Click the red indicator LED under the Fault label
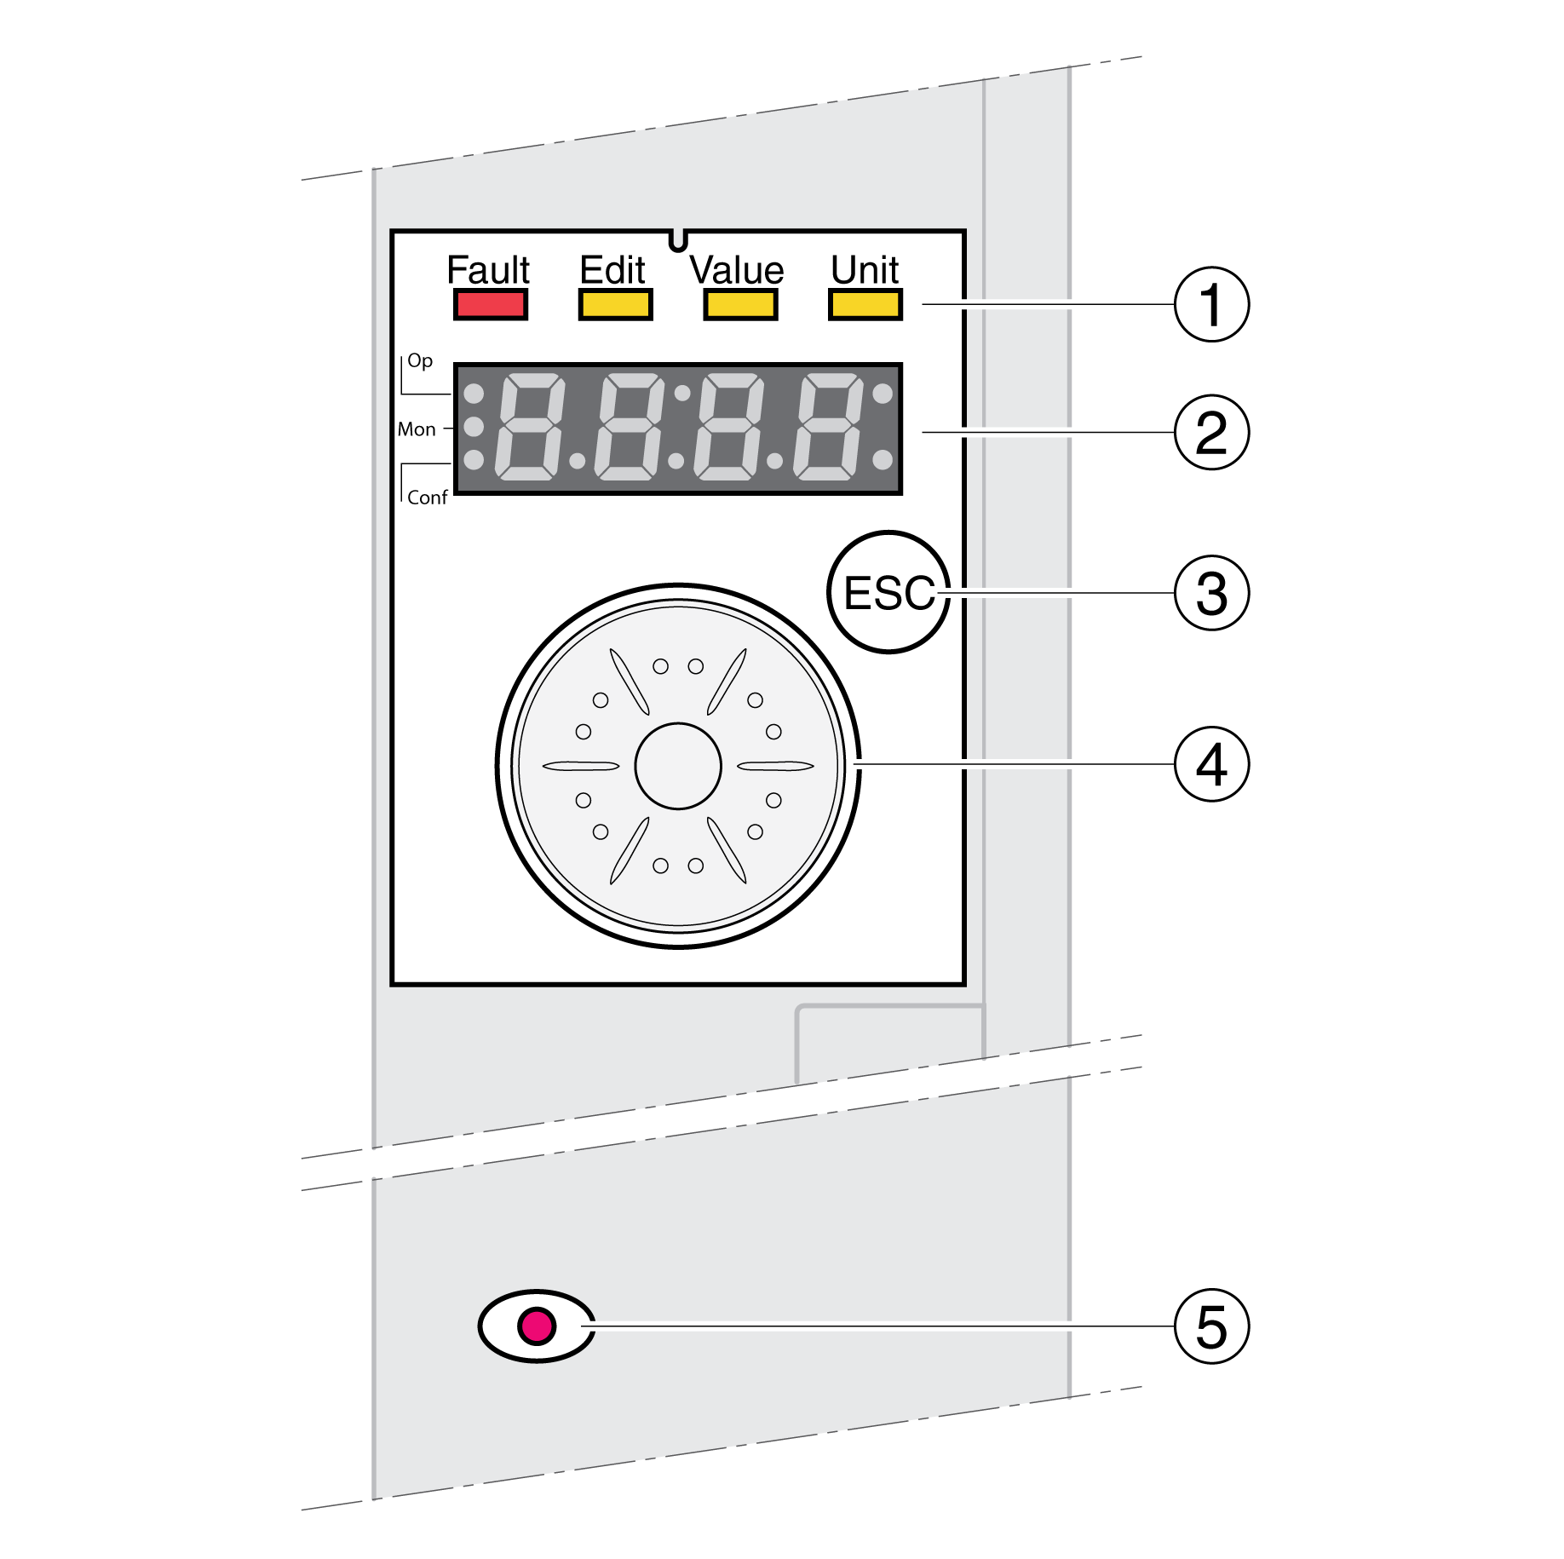point(490,304)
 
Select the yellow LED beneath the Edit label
point(615,304)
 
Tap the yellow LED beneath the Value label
point(740,304)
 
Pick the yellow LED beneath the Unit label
point(865,304)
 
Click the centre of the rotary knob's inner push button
point(678,766)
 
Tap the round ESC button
point(888,592)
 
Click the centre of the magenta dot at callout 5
point(537,1326)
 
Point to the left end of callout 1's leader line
point(923,304)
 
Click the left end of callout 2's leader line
point(923,432)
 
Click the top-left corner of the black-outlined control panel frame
point(392,231)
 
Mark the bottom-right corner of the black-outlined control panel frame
point(964,985)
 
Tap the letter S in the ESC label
point(890,593)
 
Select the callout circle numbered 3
point(1211,593)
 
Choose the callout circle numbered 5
point(1211,1326)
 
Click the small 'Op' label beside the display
point(420,361)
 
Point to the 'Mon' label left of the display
point(417,429)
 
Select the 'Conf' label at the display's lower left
point(427,498)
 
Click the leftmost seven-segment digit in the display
point(530,426)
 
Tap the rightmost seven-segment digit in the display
point(828,426)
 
